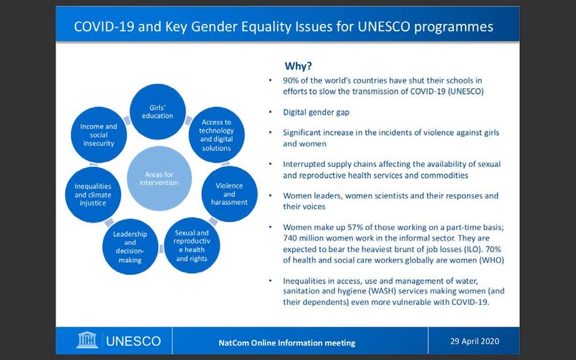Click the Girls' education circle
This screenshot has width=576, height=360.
coord(158,112)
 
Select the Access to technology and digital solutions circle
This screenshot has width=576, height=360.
coord(216,135)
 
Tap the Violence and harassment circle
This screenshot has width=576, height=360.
coord(229,194)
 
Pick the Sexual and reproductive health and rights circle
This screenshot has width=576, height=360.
coord(192,245)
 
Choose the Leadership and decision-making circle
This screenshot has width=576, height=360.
coord(130,247)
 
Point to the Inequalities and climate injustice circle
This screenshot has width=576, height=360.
coord(93,195)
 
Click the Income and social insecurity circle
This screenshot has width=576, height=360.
coord(99,135)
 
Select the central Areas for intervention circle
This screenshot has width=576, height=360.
coord(159,178)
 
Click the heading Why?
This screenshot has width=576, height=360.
coord(298,66)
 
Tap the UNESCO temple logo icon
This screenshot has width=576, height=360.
coord(87,340)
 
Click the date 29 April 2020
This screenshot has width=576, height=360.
coord(474,341)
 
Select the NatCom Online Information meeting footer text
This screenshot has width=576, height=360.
coord(287,343)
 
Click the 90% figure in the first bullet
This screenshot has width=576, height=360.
coord(291,81)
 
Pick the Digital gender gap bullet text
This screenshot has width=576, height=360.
coord(316,112)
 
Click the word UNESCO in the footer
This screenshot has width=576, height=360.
coord(133,341)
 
